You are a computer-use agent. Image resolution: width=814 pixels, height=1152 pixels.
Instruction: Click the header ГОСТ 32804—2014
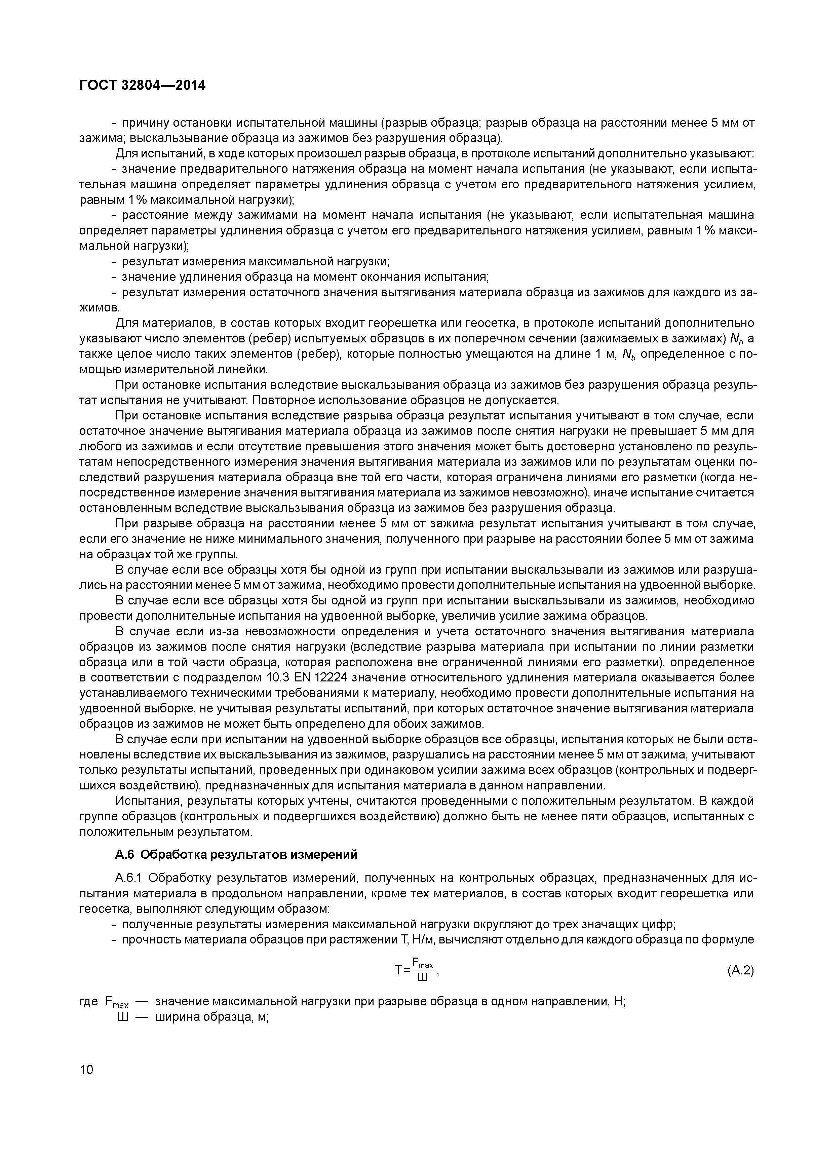[x=143, y=86]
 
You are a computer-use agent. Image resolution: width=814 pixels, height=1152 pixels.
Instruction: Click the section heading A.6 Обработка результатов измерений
[x=236, y=854]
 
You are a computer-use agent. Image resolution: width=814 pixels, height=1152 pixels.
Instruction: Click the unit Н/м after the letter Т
[x=423, y=939]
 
